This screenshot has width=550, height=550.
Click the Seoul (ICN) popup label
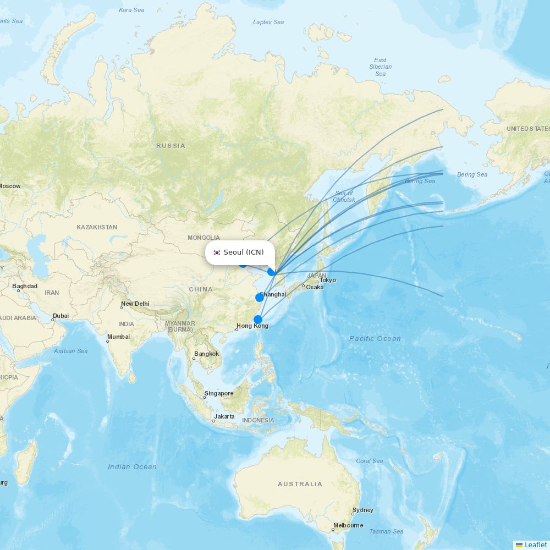tap(244, 252)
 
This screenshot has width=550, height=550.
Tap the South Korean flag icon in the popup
tap(217, 252)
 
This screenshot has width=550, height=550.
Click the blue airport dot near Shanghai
tap(259, 298)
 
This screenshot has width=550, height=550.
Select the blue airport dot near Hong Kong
tap(257, 320)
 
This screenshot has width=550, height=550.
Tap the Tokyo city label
tap(328, 280)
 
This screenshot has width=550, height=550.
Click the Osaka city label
tap(315, 287)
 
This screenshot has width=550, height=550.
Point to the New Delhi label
tap(135, 304)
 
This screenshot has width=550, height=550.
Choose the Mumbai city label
tap(118, 337)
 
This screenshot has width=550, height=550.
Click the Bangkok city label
tap(206, 354)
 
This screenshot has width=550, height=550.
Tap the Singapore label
tap(219, 393)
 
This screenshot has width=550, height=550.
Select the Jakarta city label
tap(224, 416)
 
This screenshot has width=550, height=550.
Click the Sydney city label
tap(363, 510)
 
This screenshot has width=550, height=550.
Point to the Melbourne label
tap(348, 525)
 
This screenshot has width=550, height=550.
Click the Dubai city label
tap(61, 316)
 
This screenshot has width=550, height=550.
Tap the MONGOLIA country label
tap(204, 238)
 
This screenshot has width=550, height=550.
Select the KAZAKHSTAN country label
tap(97, 227)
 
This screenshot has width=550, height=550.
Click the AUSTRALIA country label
tap(300, 484)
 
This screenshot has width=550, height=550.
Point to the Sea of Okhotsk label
tap(344, 196)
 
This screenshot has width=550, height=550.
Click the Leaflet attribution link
tap(535, 544)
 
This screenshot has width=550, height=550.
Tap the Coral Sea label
tap(369, 461)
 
